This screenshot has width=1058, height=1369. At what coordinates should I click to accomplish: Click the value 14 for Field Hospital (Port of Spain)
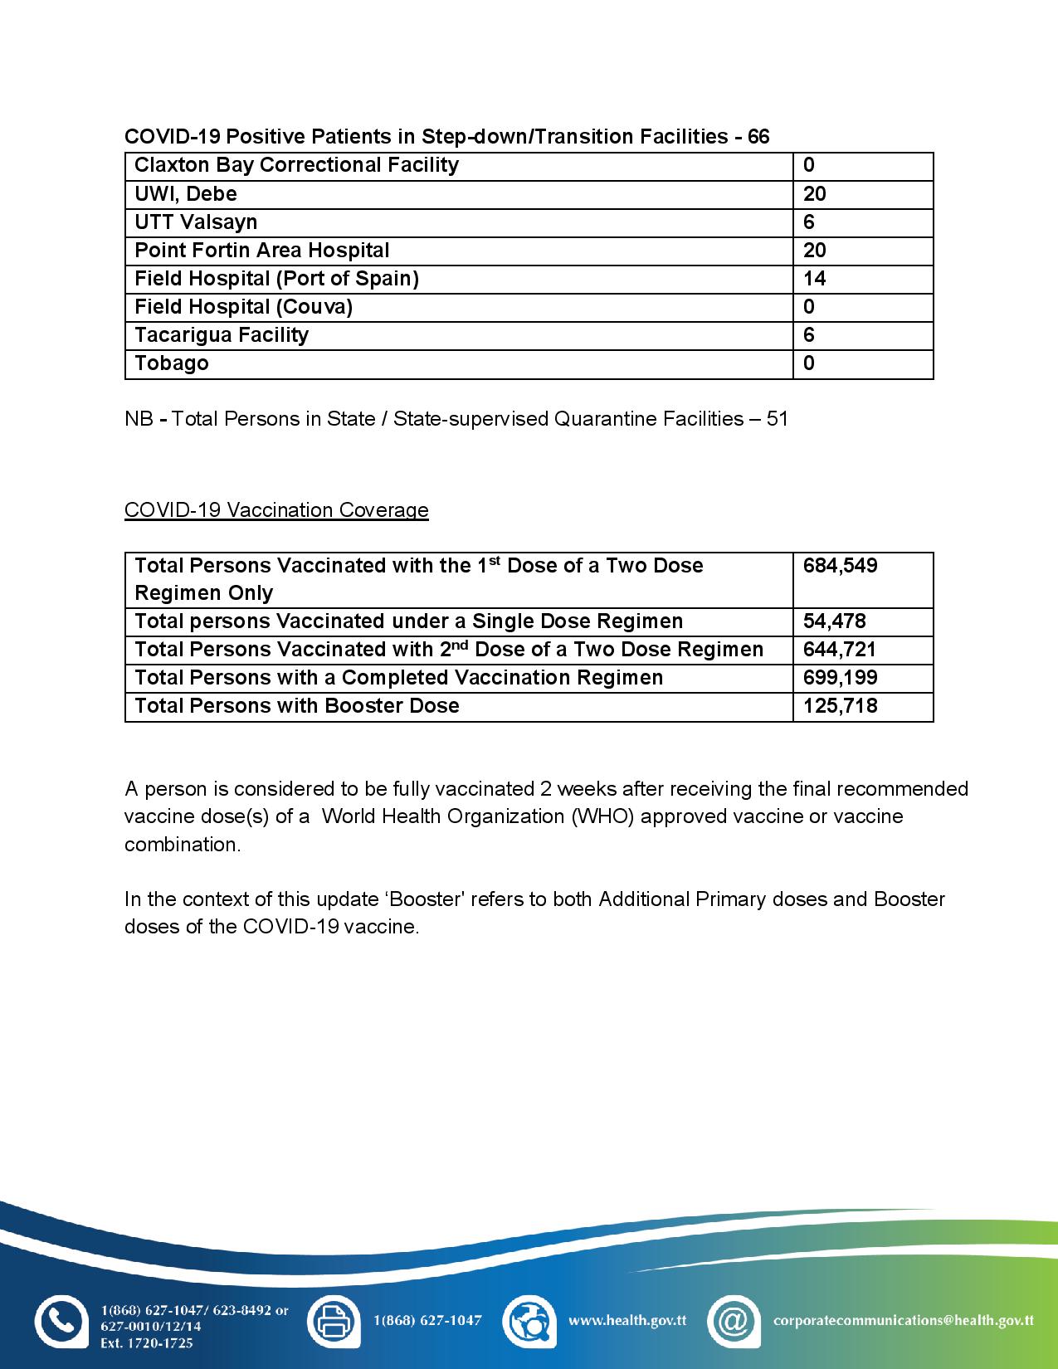point(814,279)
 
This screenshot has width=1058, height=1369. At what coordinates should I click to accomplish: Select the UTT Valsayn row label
point(196,222)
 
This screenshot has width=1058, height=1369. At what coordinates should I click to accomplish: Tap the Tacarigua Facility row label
point(222,335)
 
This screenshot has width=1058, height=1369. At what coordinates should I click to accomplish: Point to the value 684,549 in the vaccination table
point(840,566)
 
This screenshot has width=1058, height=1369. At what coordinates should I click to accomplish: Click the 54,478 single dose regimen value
point(834,621)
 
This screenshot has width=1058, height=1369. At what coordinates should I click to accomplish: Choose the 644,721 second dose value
point(840,650)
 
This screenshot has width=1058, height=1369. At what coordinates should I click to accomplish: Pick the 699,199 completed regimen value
point(840,678)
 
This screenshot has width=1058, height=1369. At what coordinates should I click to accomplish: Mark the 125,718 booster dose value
point(840,706)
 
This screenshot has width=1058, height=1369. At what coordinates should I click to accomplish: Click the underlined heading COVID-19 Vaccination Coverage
point(276,510)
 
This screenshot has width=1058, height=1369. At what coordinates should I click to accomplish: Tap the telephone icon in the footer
point(61,1321)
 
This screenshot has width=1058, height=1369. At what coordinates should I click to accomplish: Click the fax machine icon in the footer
point(334,1321)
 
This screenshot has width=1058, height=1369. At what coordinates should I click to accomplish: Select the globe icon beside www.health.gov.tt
point(529,1321)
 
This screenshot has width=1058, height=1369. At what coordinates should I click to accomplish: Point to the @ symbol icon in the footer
point(734,1321)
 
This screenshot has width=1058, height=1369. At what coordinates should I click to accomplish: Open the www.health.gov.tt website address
point(627,1320)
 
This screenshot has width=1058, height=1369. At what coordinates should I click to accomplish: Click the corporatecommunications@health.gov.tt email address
point(903,1320)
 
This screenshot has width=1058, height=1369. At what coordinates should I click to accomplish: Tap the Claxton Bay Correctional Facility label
point(296,165)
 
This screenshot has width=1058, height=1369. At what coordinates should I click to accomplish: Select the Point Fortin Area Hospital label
point(261,251)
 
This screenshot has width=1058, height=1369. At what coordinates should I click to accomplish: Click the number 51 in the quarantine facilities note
point(777,419)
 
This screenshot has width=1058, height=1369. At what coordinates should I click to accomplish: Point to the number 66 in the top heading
point(758,137)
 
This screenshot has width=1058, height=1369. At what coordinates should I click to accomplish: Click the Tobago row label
point(172,363)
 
